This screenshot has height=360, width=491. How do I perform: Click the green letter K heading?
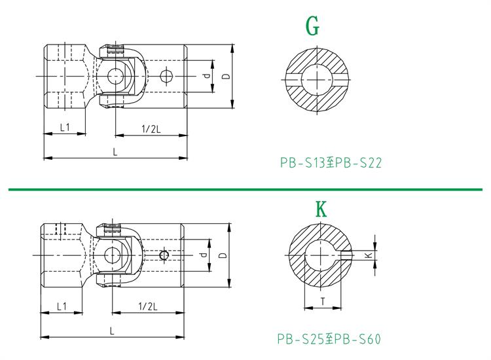tap(321, 209)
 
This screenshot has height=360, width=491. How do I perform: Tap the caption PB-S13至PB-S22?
tap(331, 163)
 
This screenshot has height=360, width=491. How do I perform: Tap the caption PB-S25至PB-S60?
tap(329, 338)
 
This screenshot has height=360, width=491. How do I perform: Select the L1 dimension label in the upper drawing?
tap(65, 127)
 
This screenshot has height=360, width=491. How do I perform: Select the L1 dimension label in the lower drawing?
tap(62, 306)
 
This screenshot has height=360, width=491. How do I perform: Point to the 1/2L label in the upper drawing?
tap(151, 129)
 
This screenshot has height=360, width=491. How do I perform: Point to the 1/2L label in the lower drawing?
tap(148, 306)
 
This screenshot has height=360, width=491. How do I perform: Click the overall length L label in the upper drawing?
tap(115, 152)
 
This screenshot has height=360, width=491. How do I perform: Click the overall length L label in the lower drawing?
tap(112, 331)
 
